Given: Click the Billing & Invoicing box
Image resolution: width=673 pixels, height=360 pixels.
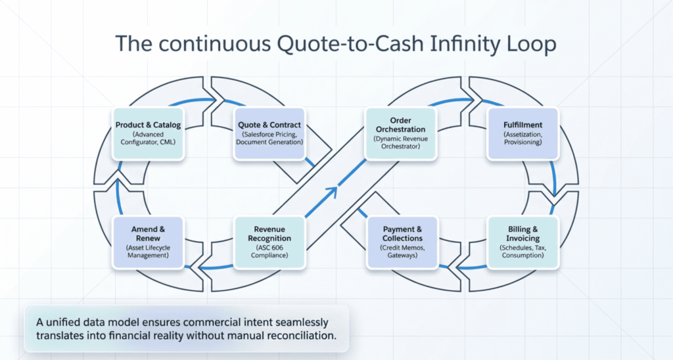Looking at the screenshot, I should tap(522, 242).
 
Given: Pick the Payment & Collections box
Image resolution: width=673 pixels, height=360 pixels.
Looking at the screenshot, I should tap(402, 242).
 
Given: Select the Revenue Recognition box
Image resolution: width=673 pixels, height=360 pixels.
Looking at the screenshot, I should tap(269, 242).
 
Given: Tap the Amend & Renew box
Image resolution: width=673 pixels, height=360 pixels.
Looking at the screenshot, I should tap(148, 242).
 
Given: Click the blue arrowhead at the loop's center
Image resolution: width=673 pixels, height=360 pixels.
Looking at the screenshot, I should tap(332, 192).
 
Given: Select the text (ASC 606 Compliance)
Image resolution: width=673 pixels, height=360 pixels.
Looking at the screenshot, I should tap(269, 251).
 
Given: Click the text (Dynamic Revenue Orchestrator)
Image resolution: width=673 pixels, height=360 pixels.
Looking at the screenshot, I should tap(400, 143).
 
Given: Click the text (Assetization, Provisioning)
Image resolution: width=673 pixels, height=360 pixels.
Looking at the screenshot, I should tap(522, 139).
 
